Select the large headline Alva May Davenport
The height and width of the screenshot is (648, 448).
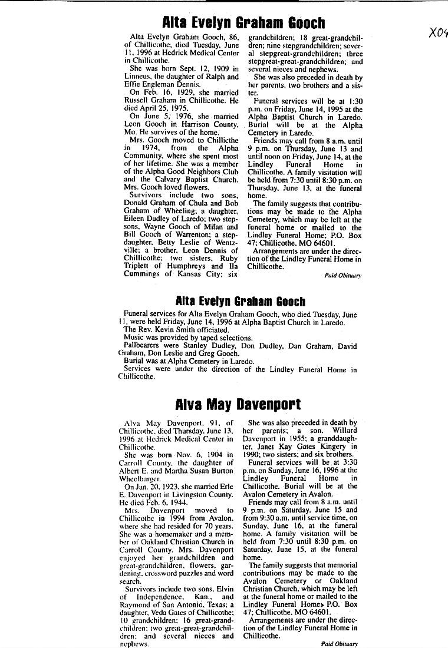238,405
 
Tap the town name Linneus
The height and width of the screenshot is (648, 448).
140,77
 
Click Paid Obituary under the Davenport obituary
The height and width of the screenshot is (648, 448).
340,644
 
